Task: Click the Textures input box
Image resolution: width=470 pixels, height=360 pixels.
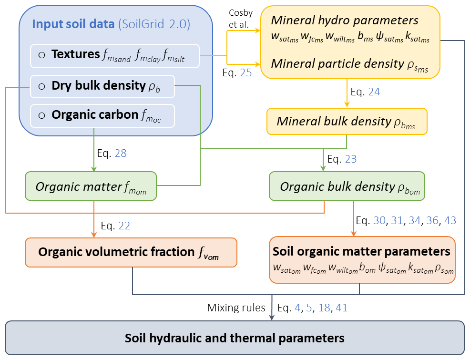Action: (115, 56)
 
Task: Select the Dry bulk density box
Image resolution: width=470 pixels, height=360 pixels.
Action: (102, 87)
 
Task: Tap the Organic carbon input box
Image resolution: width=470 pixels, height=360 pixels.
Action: (102, 116)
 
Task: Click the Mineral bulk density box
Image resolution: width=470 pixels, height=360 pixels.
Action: (347, 122)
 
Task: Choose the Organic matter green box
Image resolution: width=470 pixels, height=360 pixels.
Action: (91, 186)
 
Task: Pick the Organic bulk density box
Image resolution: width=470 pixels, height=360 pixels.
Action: (347, 186)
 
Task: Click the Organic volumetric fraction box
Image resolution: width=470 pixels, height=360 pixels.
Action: (131, 252)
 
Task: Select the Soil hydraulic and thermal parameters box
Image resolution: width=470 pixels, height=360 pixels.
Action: (235, 338)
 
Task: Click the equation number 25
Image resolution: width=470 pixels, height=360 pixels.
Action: (246, 73)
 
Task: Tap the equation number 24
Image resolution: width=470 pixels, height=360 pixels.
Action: (374, 92)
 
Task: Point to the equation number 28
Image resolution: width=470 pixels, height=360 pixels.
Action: (121, 153)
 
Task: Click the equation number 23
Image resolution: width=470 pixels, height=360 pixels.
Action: (351, 159)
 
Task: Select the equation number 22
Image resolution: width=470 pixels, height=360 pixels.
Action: (124, 226)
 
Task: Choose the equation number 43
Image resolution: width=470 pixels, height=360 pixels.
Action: (450, 221)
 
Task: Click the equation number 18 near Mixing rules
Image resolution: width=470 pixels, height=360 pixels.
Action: (324, 308)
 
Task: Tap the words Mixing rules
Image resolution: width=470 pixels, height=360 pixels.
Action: (236, 308)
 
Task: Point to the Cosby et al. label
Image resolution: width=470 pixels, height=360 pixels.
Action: (240, 19)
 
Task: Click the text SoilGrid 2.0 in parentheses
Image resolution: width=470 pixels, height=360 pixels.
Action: (154, 24)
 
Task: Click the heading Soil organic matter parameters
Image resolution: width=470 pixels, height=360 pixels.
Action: (361, 251)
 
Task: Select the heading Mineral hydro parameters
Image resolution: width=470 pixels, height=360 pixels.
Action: (345, 21)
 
